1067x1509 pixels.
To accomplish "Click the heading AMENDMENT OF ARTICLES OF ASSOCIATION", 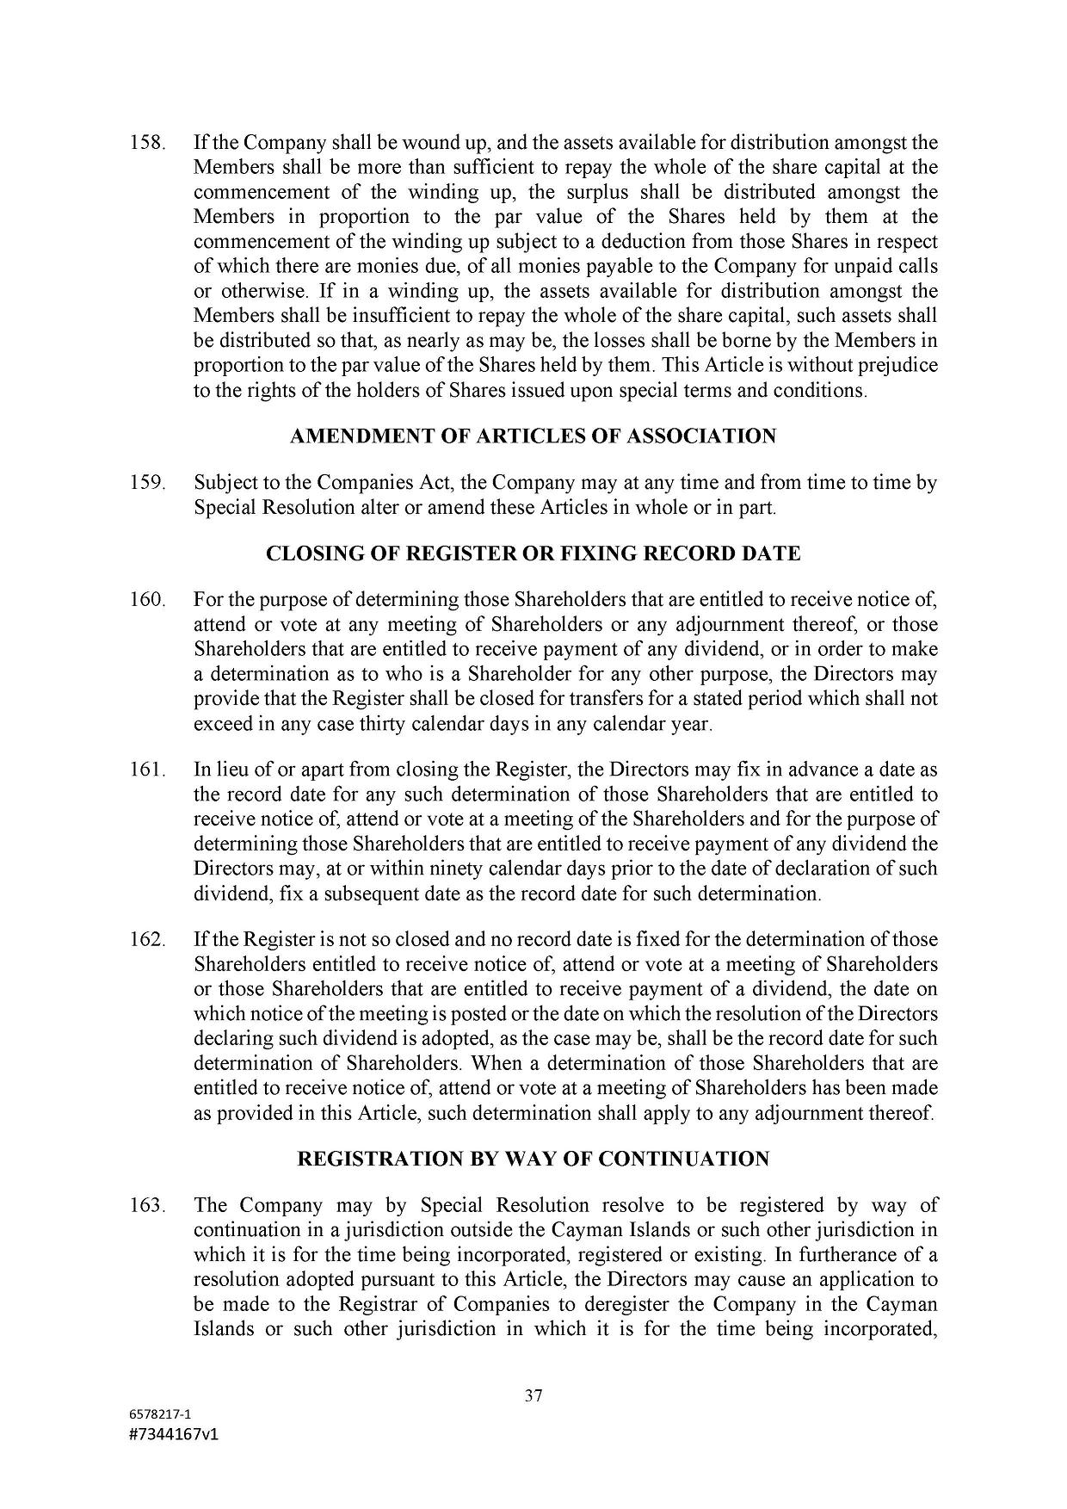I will tap(533, 436).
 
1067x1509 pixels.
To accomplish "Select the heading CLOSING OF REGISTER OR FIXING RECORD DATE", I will tap(533, 553).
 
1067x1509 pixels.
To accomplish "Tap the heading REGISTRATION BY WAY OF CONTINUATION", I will tap(533, 1159).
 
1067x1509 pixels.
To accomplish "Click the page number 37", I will tap(533, 1396).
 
